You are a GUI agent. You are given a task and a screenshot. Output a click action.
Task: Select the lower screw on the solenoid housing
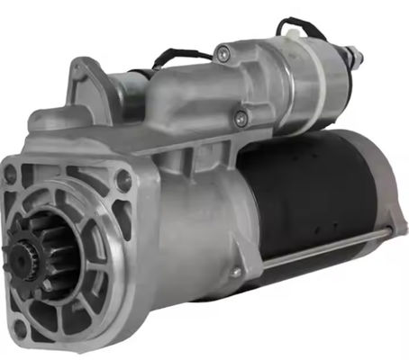coord(240,116)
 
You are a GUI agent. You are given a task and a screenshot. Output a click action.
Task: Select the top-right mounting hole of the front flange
coord(123,181)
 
